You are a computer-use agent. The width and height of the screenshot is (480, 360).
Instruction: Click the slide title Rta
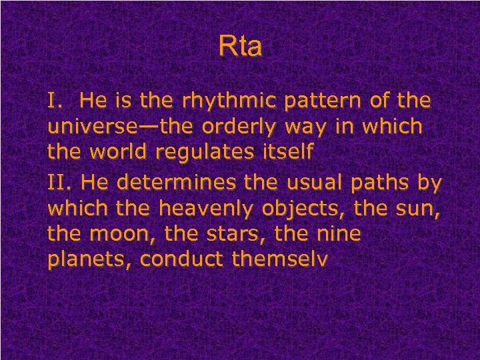pyautogui.click(x=240, y=47)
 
